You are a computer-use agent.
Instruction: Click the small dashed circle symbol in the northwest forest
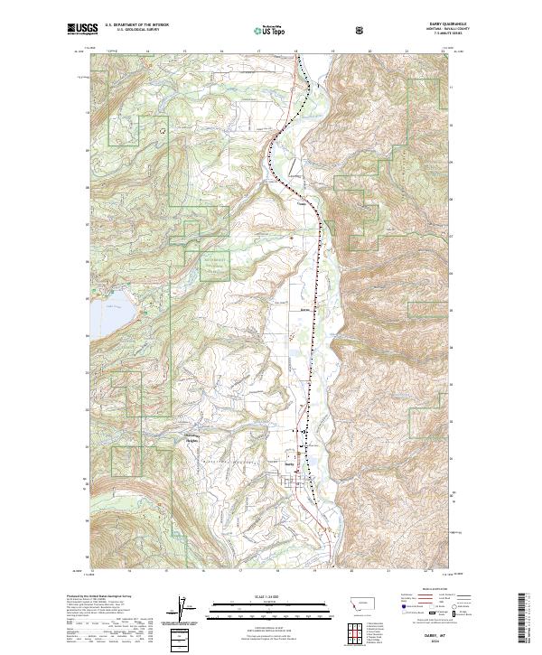164,130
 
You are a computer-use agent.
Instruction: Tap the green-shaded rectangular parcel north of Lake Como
209,265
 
